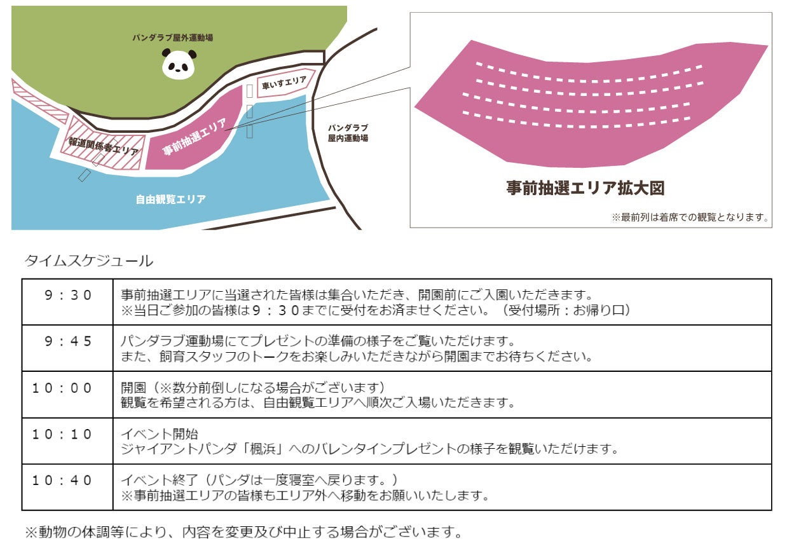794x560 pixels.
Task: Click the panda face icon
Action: tap(179, 64)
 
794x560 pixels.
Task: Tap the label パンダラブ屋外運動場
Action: tap(172, 38)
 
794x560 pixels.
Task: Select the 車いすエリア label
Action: tap(285, 83)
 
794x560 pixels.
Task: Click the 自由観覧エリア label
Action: tap(170, 200)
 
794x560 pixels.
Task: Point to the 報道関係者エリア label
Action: tap(104, 146)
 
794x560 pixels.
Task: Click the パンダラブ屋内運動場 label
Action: tap(348, 133)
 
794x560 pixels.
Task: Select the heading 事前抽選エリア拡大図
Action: tap(585, 188)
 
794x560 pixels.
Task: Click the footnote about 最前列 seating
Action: tap(690, 217)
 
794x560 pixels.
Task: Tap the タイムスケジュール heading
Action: tap(88, 261)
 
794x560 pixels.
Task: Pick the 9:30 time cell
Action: tap(67, 295)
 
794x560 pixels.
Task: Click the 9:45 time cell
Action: tap(67, 341)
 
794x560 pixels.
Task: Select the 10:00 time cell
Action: tap(62, 388)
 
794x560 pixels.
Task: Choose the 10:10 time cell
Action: tap(62, 434)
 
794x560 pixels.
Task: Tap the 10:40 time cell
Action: tap(62, 480)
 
